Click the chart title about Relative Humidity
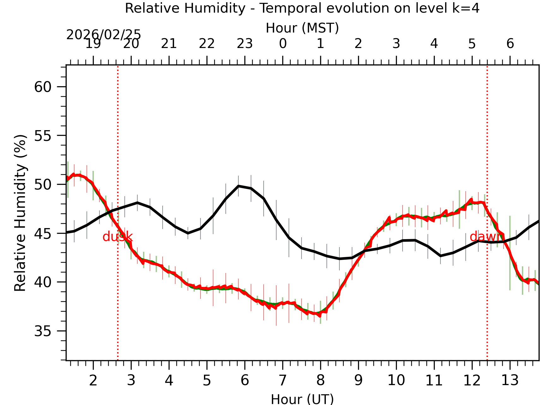[302, 8]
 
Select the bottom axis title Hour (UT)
[302, 399]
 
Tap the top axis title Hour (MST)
[302, 28]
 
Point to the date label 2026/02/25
[104, 35]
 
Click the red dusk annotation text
[117, 237]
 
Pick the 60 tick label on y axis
[43, 87]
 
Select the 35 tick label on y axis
[43, 331]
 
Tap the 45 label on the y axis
[43, 233]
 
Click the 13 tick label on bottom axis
[510, 380]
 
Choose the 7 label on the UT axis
[283, 380]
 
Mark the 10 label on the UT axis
[396, 380]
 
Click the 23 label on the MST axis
[245, 44]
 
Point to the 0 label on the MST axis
[283, 44]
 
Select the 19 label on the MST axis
[93, 44]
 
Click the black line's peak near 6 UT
[239, 186]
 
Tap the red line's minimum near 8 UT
[320, 315]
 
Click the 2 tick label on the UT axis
[93, 380]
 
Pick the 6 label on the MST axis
[510, 44]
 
